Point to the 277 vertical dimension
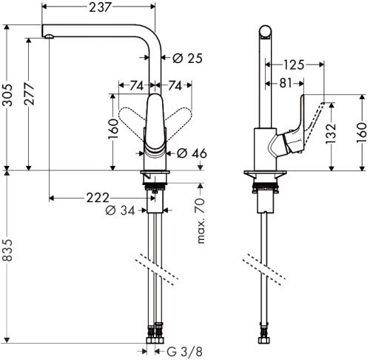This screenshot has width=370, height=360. click(30, 102)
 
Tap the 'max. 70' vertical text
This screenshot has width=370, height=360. click(199, 220)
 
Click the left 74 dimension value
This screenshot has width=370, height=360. click(137, 86)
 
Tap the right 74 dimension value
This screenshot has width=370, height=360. click(175, 86)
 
